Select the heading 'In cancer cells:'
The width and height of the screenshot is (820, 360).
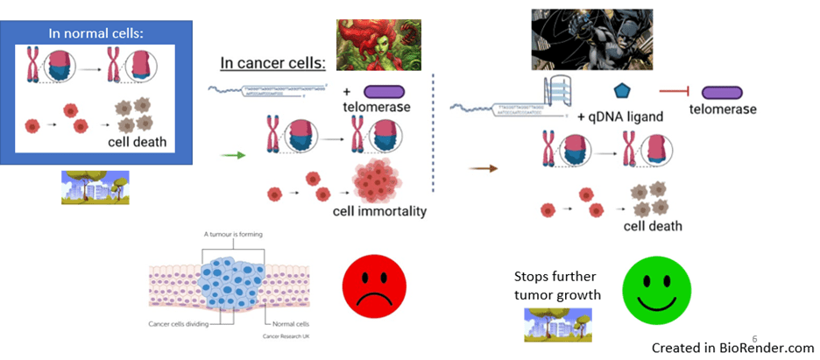pyautogui.click(x=272, y=63)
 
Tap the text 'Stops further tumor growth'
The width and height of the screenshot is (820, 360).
pyautogui.click(x=557, y=286)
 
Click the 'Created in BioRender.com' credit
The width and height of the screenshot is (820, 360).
pyautogui.click(x=732, y=347)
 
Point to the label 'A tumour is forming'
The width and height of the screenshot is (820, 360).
pyautogui.click(x=233, y=235)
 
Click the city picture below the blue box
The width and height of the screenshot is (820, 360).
pyautogui.click(x=95, y=187)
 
